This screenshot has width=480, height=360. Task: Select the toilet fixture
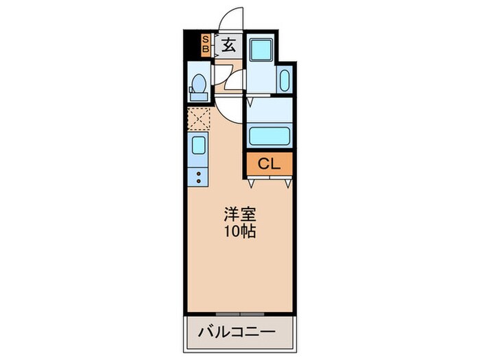point(197,85)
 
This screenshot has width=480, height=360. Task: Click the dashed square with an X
point(199,119)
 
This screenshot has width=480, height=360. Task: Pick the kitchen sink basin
point(198,145)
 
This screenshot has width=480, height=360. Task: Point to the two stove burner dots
point(199,178)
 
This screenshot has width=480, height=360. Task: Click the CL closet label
point(269,164)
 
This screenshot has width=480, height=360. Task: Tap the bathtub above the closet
point(269,134)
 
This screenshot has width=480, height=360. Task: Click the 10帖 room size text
point(239,232)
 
